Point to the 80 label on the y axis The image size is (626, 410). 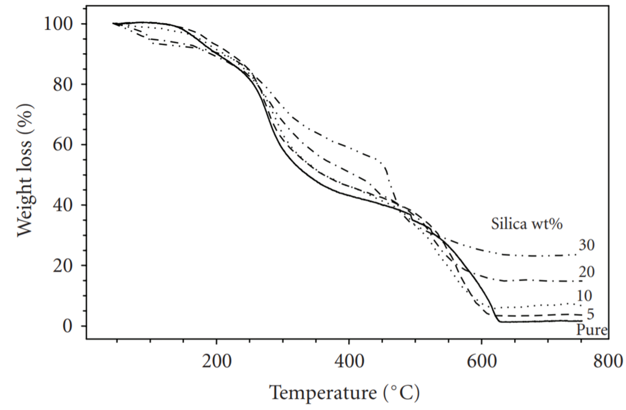[x=63, y=85]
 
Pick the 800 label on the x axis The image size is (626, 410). [x=608, y=362]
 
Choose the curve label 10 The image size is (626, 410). [x=584, y=296]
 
